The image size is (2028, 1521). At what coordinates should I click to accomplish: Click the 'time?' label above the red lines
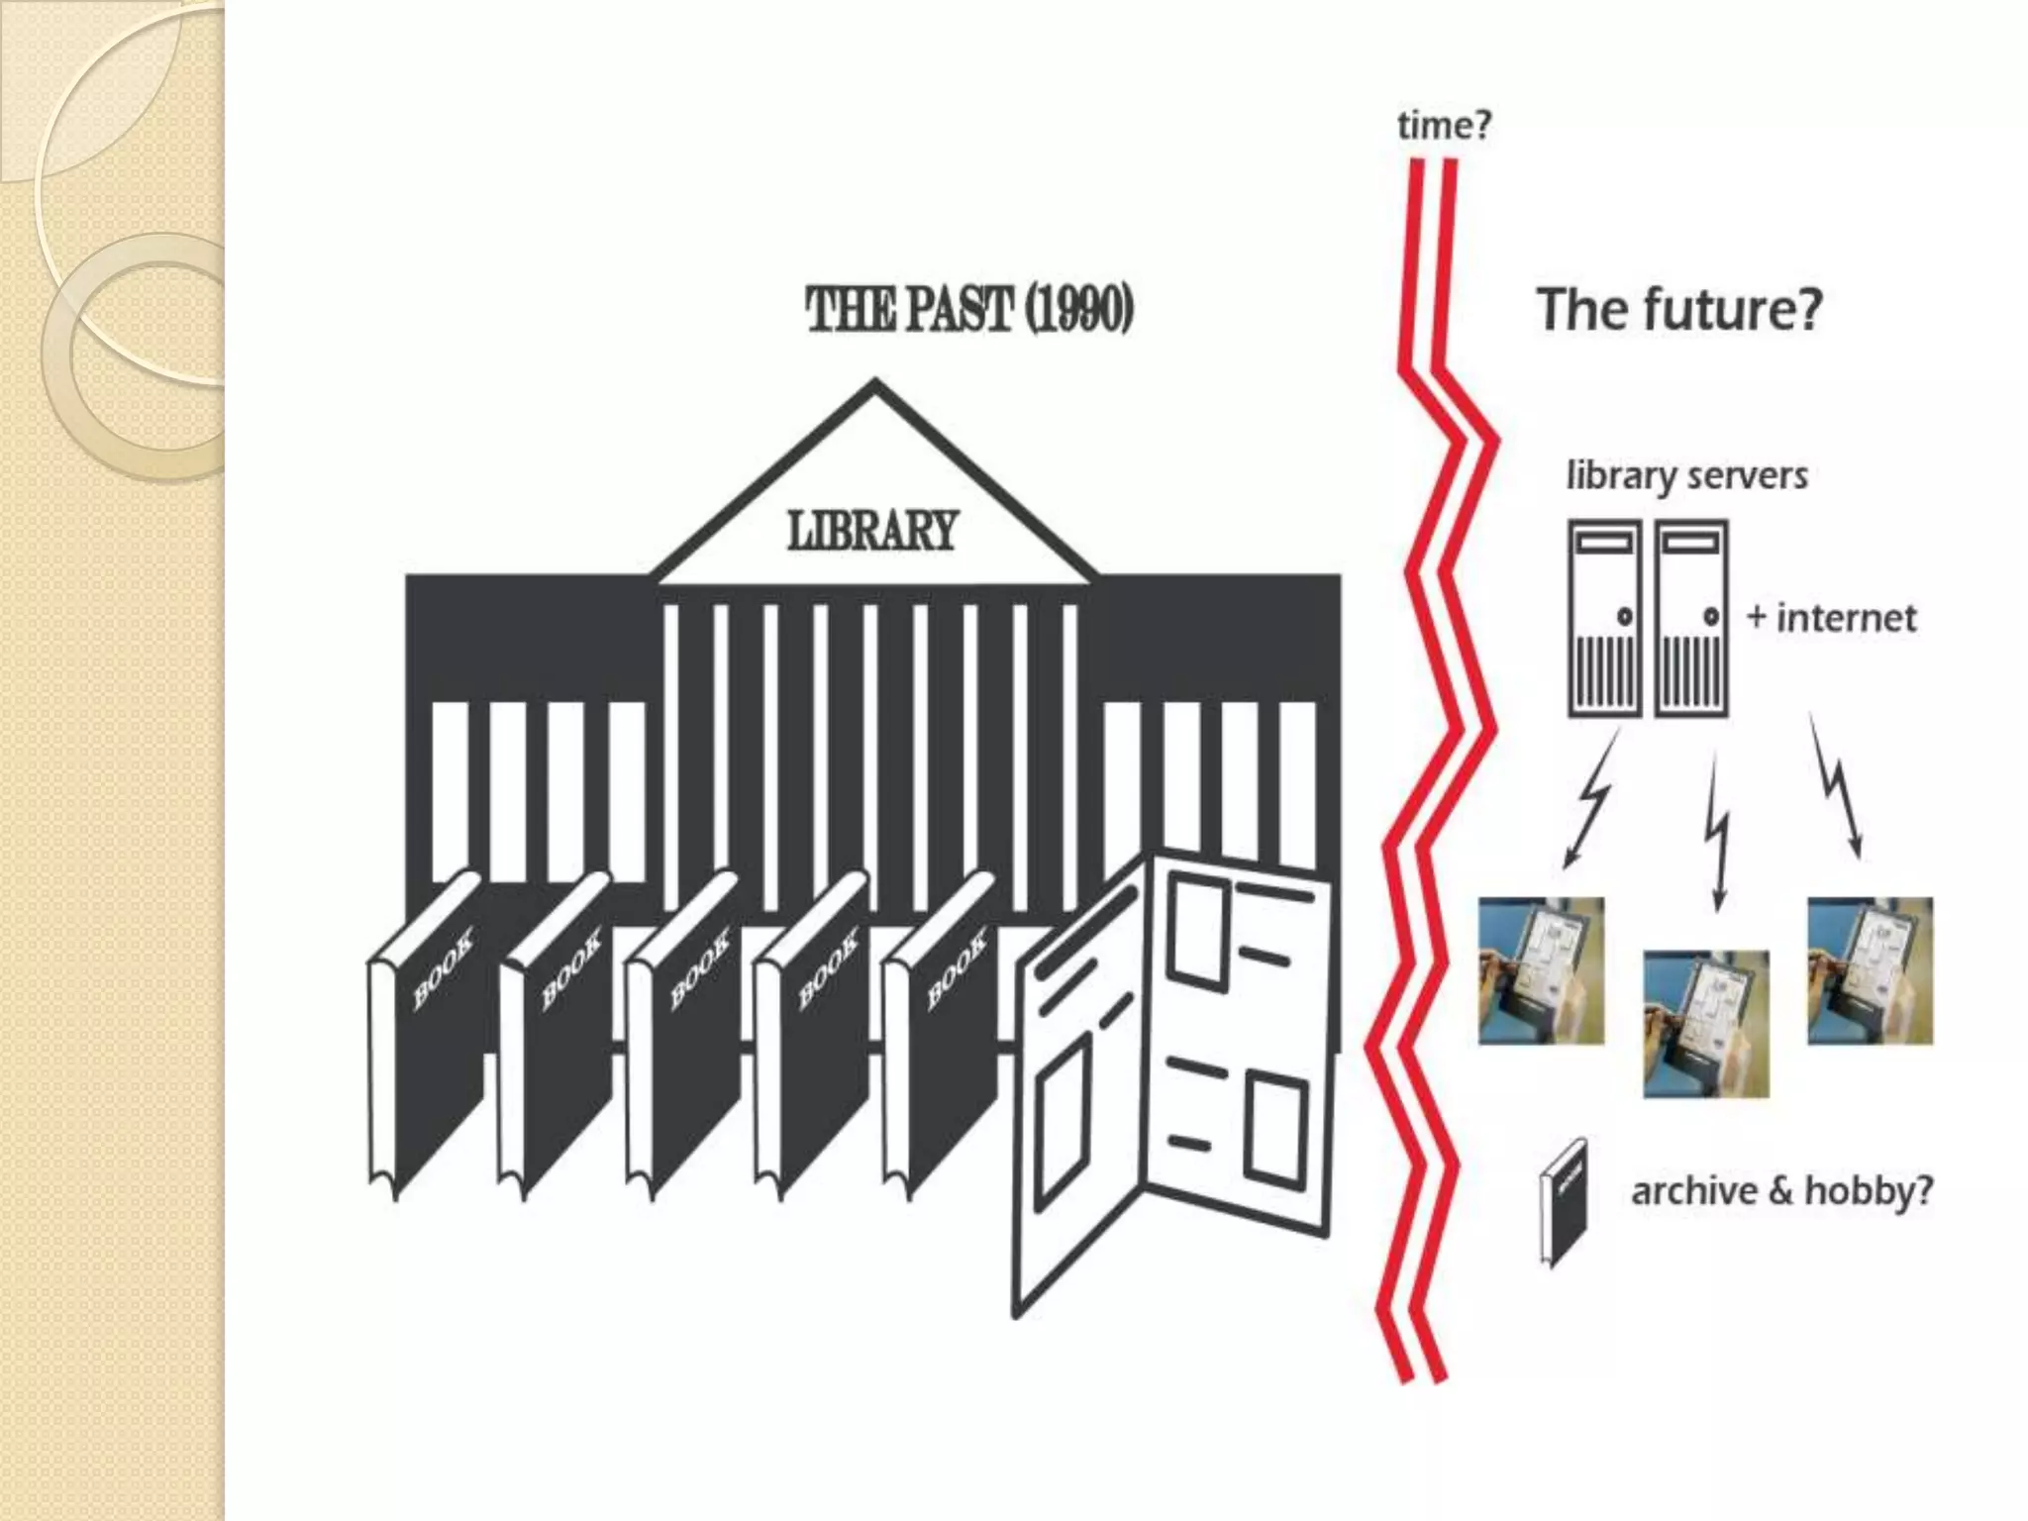pyautogui.click(x=1443, y=126)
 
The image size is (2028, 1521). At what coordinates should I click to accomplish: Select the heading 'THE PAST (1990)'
pyautogui.click(x=969, y=310)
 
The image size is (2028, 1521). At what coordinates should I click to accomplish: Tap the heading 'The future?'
pyautogui.click(x=1678, y=309)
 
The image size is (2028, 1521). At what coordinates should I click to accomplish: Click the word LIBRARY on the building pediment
pyautogui.click(x=872, y=531)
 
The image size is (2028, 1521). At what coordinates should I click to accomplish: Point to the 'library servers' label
pyautogui.click(x=1686, y=475)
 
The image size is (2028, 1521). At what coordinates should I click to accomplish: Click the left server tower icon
pyautogui.click(x=1604, y=618)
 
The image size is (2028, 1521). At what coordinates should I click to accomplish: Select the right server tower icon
pyautogui.click(x=1691, y=618)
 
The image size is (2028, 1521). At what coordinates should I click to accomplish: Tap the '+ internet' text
pyautogui.click(x=1831, y=618)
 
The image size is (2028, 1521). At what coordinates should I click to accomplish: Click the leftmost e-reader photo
pyautogui.click(x=1541, y=970)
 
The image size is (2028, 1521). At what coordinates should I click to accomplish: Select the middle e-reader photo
pyautogui.click(x=1705, y=1024)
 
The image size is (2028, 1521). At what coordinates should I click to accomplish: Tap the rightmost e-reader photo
pyautogui.click(x=1870, y=970)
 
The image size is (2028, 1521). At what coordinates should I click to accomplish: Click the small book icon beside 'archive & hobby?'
pyautogui.click(x=1564, y=1202)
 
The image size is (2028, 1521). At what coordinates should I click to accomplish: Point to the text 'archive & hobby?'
pyautogui.click(x=1781, y=1190)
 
